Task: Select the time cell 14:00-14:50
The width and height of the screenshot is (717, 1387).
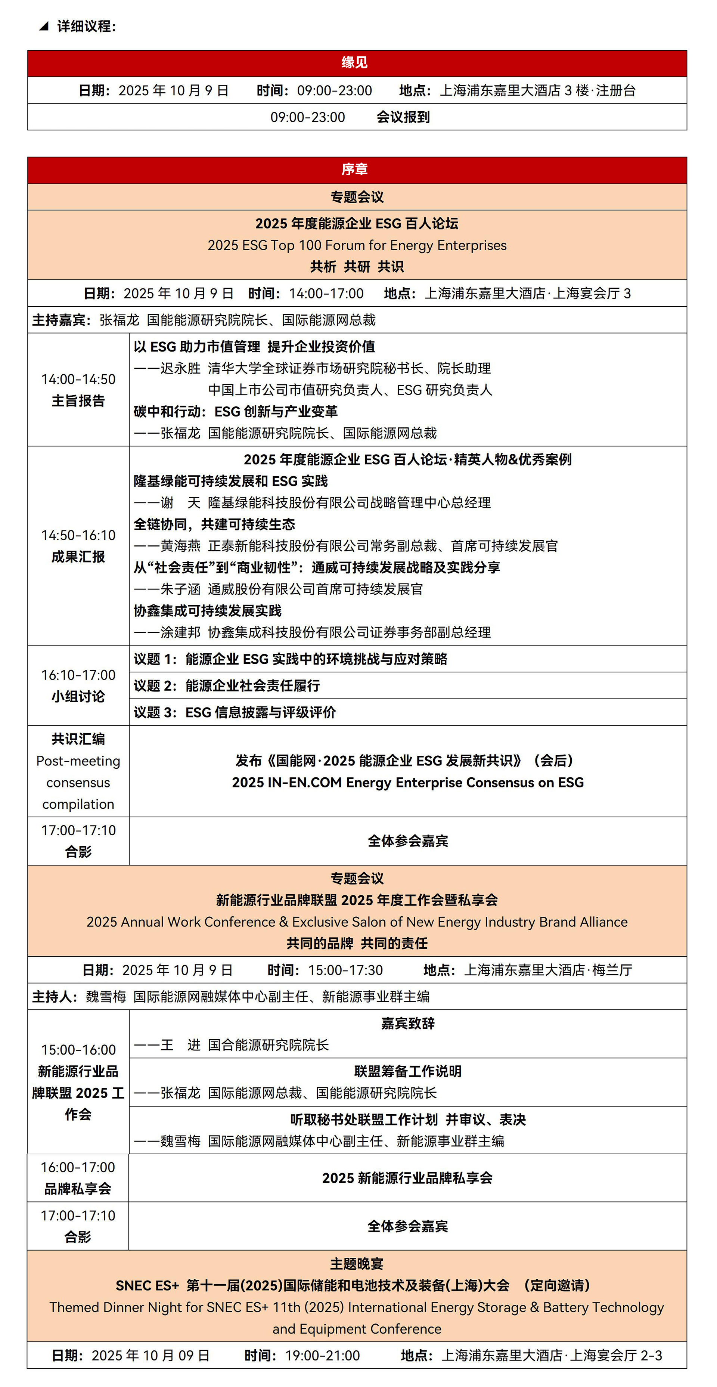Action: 78,380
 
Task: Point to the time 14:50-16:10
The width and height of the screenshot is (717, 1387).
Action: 78,535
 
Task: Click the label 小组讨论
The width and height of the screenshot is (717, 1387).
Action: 78,697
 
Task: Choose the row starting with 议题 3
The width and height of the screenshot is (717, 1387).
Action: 235,712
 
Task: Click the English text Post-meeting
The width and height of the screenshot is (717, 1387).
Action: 78,761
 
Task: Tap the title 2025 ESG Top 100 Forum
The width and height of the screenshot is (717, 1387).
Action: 357,245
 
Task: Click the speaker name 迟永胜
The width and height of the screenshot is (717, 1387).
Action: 180,368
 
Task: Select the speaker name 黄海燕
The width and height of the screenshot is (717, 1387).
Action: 180,546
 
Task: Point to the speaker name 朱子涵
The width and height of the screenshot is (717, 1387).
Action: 180,589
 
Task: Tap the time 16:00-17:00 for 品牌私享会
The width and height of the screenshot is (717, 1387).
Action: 78,1167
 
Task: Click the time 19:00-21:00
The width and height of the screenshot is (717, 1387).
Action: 322,1355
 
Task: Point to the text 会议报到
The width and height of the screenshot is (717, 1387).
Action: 403,117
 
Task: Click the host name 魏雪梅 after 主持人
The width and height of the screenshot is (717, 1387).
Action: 106,997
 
